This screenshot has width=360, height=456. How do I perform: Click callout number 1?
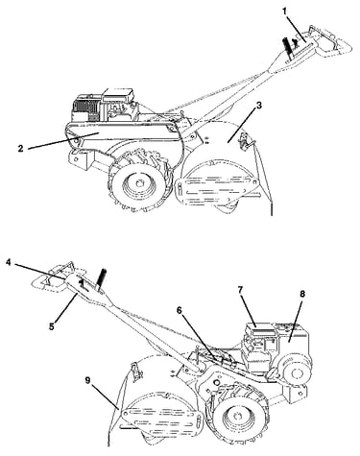point(284,12)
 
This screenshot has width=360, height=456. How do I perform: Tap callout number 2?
point(21,149)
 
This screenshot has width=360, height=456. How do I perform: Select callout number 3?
point(258,106)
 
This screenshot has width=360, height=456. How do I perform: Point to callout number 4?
point(9,262)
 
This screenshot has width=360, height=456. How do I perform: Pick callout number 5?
point(52,318)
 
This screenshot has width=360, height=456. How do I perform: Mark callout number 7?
point(241,290)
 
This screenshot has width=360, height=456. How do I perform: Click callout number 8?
point(302,294)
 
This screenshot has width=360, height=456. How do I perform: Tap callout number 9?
point(88,380)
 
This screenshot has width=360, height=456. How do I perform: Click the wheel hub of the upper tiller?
point(139,183)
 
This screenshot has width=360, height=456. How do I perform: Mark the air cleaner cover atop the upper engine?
point(117,95)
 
